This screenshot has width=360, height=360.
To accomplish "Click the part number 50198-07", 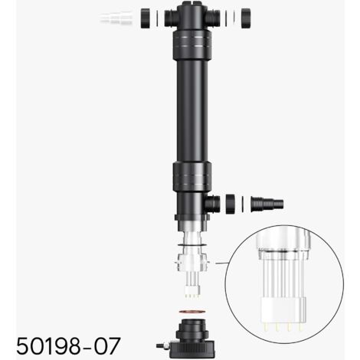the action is click(x=68, y=345).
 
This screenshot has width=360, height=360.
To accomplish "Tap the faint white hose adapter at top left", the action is click(x=116, y=18).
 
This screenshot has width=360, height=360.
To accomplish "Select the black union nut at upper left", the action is click(x=145, y=18).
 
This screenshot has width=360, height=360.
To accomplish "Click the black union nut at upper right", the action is click(x=246, y=18).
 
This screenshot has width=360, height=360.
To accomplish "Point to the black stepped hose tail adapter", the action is click(x=267, y=205).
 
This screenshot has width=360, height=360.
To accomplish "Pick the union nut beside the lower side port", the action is click(x=231, y=205).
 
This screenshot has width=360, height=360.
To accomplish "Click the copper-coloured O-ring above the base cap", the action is click(x=192, y=312).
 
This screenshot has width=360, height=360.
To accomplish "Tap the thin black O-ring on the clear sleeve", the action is click(x=191, y=244).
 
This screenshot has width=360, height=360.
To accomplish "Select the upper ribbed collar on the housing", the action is click(x=192, y=45).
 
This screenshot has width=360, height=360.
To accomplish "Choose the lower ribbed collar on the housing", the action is click(x=192, y=177).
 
